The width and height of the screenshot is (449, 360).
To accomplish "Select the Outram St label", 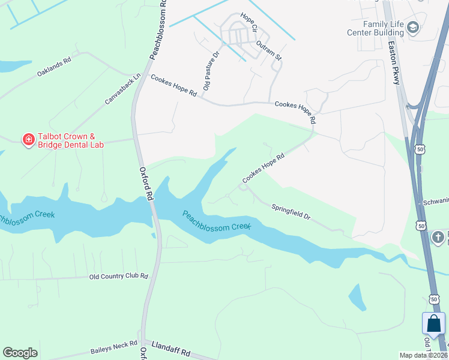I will tap(268, 50).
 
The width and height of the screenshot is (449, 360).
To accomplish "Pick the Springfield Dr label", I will tap(291, 211).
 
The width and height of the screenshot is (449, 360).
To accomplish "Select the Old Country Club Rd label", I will tap(118, 276).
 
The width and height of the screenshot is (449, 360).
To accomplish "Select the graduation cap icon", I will tap(413, 27).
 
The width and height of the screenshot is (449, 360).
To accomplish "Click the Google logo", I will tap(20, 353).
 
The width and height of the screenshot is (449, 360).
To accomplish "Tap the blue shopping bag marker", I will tap(433, 325).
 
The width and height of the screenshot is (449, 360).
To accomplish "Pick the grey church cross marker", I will tap(438, 237).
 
